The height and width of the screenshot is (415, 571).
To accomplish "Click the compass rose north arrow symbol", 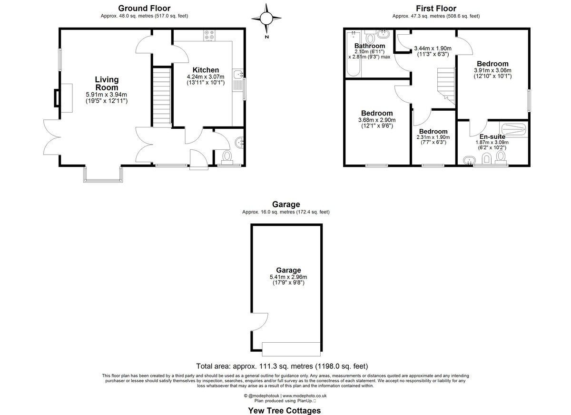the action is [266, 19].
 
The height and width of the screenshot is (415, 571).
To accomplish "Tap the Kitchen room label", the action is [206, 70].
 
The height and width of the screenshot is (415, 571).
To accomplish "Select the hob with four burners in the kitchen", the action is [209, 35].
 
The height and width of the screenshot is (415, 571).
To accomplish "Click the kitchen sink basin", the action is [238, 74].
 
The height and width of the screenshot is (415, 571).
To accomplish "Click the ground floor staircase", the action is [162, 97].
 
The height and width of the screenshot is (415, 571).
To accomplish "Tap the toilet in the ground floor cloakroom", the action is [227, 158].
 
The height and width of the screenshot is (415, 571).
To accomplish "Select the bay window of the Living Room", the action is [103, 174].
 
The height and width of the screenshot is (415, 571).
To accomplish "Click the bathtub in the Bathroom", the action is [353, 53].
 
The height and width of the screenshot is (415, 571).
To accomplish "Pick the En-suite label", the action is [492, 137].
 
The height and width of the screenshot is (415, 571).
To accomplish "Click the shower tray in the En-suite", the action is [513, 129].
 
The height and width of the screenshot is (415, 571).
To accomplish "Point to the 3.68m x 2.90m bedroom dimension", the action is [377, 120].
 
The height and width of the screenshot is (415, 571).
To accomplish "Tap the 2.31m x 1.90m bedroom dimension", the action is [433, 137].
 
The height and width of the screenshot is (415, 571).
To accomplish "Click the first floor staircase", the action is [446, 86].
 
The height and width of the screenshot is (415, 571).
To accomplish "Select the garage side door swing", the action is [260, 322].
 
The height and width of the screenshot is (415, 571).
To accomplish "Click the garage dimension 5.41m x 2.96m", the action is [288, 277].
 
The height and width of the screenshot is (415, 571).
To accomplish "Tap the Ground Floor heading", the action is [144, 9].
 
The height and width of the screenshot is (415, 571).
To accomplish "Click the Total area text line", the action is [282, 366].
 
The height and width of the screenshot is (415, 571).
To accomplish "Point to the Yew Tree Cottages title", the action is [285, 410].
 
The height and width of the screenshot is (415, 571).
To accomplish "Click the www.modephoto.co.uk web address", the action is [305, 396].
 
